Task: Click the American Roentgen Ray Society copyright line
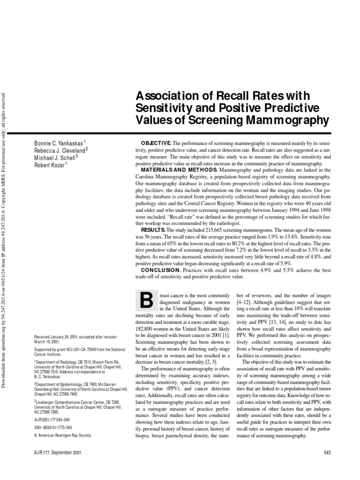pos(64,435)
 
